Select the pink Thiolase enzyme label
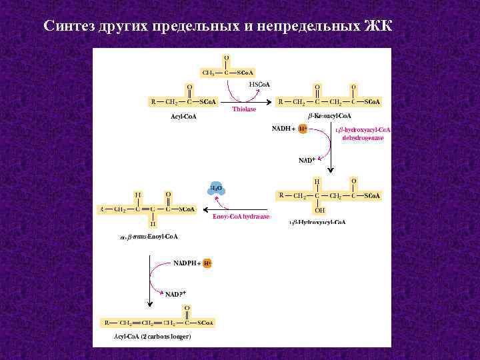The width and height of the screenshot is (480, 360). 244,109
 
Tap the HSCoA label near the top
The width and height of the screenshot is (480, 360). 259,85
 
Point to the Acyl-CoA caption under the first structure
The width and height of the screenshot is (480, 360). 184,117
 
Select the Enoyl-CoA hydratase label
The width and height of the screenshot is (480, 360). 241,217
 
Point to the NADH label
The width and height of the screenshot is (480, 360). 283,128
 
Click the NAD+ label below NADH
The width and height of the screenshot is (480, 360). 307,160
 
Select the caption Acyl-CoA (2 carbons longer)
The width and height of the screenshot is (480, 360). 153,337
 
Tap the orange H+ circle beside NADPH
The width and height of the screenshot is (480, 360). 207,263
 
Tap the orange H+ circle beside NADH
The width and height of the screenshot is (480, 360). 303,128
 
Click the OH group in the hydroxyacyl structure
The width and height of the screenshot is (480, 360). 320,211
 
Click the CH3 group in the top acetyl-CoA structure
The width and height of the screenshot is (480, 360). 207,73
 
